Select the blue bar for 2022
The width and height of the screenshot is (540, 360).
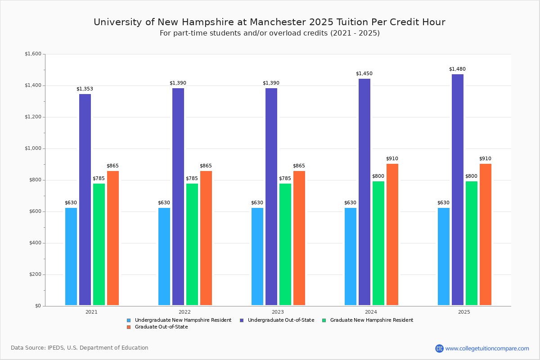pos(164,256)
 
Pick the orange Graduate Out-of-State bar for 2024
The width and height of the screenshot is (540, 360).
pos(392,234)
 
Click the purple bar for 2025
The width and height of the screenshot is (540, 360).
pos(458,189)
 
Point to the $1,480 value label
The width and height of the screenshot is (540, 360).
pos(457,69)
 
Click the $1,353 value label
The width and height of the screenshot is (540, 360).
pos(85,89)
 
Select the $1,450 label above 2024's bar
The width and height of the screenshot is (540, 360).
pos(364,74)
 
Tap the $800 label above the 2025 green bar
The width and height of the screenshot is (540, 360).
pos(471,176)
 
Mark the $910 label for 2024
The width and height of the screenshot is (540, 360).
pos(392,159)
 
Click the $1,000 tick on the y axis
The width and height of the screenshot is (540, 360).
pos(32,148)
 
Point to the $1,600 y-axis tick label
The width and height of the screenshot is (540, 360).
pos(32,54)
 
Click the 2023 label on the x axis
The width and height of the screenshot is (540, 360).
pos(278,312)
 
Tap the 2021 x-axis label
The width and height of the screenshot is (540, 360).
pos(91,312)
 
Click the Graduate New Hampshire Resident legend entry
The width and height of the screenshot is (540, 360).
pos(371,320)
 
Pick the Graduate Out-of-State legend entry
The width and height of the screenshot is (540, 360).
pos(161,327)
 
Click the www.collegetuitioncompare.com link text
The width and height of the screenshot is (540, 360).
pos(487,348)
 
